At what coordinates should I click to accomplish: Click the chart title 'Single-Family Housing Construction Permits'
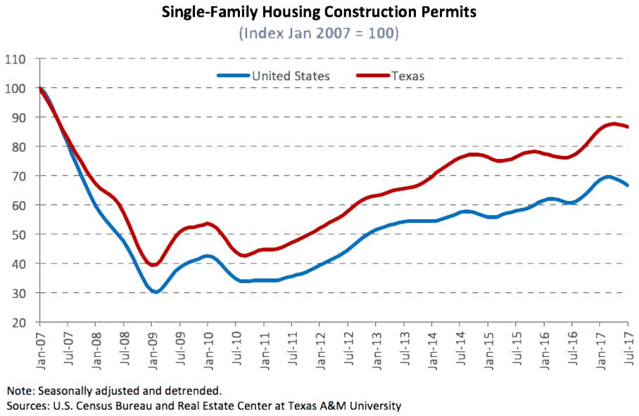(319, 13)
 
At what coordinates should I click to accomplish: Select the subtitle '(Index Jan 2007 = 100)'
(319, 33)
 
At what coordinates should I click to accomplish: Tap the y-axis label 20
(18, 323)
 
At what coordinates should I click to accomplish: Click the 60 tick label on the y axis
(18, 205)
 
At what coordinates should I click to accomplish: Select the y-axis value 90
(18, 117)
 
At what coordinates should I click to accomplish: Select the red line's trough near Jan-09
(153, 265)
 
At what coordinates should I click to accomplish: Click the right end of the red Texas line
(627, 127)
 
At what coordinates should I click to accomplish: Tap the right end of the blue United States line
(627, 186)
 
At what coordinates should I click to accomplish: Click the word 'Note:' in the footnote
(22, 390)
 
